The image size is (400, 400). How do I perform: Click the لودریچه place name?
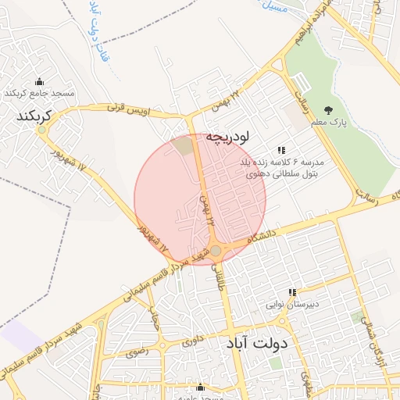[x=227, y=137]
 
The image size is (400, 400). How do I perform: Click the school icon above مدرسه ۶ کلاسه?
[x=281, y=150]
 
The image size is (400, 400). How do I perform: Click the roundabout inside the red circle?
[x=216, y=250]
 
